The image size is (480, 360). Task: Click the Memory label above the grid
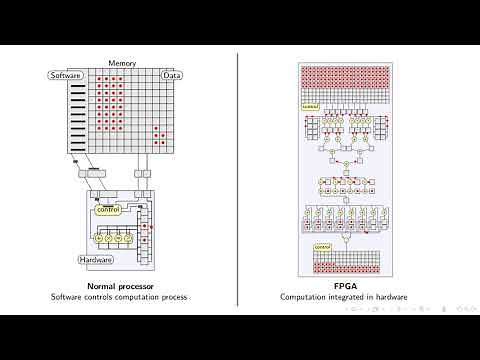tap(122, 64)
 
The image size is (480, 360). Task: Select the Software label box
tap(66, 76)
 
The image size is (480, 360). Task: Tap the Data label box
tap(172, 76)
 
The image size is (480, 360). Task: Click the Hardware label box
tap(97, 259)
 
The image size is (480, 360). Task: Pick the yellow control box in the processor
tap(107, 210)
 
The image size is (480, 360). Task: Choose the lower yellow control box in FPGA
tap(322, 246)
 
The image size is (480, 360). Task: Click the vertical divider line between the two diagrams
tap(239, 180)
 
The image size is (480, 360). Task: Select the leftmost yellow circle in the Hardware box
tap(99, 239)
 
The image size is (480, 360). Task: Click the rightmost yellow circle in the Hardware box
tap(129, 239)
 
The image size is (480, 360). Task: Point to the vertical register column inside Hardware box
tap(144, 235)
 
